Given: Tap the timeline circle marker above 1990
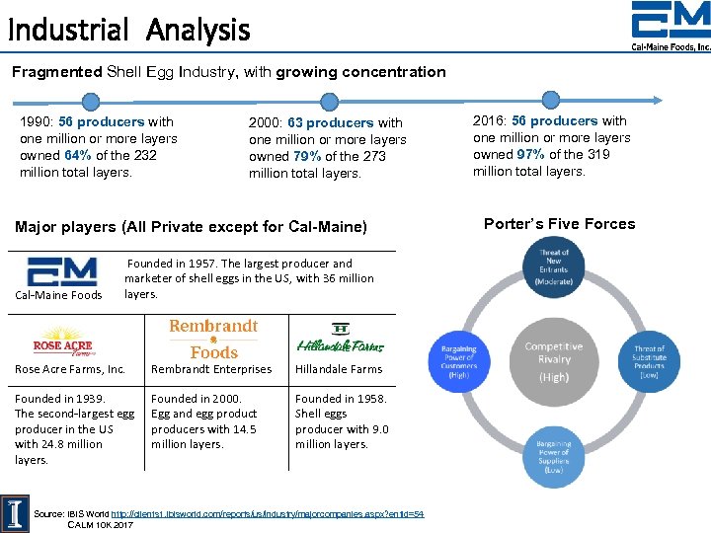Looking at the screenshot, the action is point(91,101).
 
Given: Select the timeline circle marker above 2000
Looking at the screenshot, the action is point(330,101).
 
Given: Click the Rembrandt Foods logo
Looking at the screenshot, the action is point(213,339).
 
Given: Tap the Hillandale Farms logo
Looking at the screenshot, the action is point(340,339).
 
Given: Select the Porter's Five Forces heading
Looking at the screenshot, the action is point(559,224).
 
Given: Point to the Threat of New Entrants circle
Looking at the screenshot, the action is point(554,266).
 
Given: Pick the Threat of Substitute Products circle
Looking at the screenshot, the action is point(649,358).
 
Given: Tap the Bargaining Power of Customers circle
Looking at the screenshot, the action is point(457,360).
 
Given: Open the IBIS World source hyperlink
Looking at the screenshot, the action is point(267,514).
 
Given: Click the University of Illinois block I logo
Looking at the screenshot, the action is point(16,511).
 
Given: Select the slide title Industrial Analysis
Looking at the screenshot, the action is point(128,30).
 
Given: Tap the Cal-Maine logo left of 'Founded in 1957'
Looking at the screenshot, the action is point(62,271).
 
